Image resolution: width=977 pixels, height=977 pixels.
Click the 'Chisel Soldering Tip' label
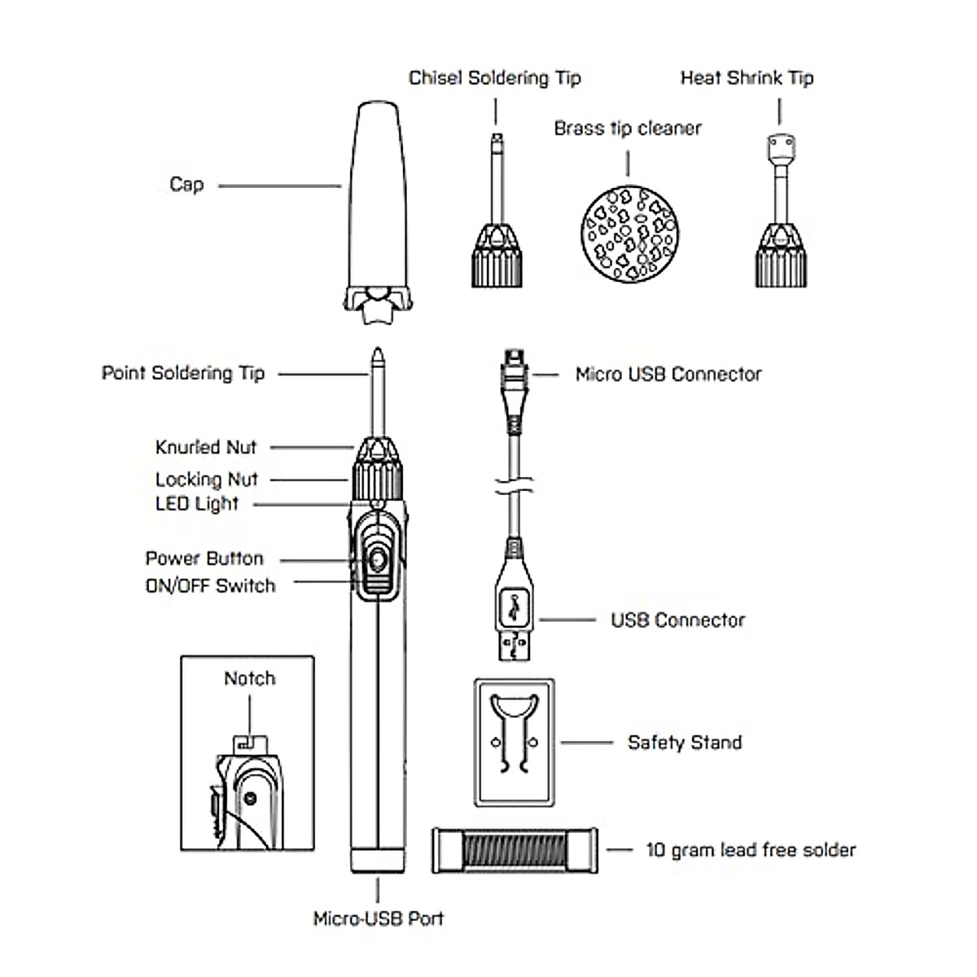(494, 78)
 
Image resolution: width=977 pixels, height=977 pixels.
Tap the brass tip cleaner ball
(629, 234)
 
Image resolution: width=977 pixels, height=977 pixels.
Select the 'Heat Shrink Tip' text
(747, 78)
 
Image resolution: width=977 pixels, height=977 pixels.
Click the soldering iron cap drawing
(375, 204)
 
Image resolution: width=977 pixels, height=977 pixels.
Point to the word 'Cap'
(186, 185)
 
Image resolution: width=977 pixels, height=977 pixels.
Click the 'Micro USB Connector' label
(668, 375)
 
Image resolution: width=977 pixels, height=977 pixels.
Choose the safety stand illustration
(514, 742)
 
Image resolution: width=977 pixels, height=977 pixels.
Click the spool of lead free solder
(514, 851)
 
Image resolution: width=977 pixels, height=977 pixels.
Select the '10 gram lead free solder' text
(751, 851)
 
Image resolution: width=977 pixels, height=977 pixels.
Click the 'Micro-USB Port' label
(379, 919)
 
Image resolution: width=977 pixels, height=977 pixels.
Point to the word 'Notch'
(249, 678)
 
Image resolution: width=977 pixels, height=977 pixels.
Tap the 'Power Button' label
(204, 559)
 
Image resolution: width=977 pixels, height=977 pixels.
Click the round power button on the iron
(377, 560)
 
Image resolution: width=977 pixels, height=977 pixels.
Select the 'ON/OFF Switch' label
(210, 585)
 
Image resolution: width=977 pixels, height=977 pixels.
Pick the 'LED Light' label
(197, 503)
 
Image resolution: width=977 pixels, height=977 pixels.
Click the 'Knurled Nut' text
(206, 447)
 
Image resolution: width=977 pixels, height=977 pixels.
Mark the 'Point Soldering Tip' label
(183, 374)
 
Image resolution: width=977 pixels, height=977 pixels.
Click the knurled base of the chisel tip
(496, 259)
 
